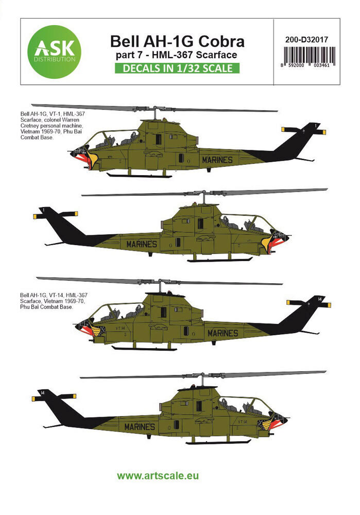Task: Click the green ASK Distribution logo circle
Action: coord(52,52)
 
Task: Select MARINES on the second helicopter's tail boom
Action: coord(141,244)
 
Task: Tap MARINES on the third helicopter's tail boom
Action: coord(222,333)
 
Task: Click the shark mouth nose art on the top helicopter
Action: coord(85,157)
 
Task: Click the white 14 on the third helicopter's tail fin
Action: coord(319,299)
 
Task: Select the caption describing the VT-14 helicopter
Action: coord(50,300)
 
